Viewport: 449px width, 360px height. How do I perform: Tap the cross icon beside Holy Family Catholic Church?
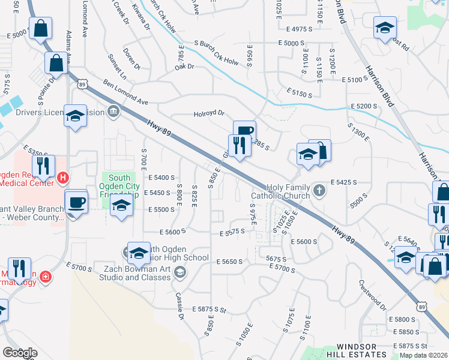pos(319,191)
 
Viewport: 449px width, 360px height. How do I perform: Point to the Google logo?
pos(19,353)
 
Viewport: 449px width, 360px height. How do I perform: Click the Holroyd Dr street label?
pos(208,113)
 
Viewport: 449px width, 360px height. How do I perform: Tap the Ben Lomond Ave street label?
pos(125,92)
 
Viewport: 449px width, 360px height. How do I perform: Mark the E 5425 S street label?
pos(344,181)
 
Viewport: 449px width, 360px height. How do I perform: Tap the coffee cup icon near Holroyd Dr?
pos(244,131)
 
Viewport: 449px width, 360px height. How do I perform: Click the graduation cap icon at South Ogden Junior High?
pos(139,254)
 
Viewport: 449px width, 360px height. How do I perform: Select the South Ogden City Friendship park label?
pos(121,186)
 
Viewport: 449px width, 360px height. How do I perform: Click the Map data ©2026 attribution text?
pos(422,355)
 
